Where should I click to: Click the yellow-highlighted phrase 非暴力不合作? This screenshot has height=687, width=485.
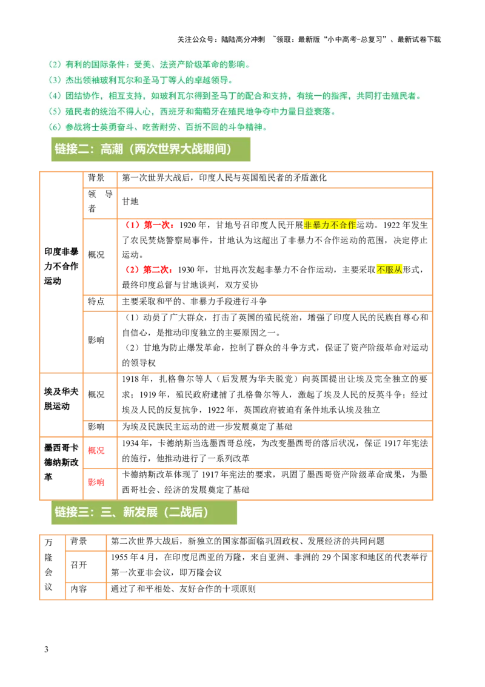330,225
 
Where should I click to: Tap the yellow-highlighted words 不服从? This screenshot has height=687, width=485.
389,269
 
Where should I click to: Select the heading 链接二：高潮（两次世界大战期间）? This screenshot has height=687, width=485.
143,149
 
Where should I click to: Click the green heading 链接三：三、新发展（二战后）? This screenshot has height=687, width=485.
132,512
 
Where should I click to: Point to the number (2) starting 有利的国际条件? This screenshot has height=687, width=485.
54,64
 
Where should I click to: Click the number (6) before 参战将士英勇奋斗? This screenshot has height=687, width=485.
54,127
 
